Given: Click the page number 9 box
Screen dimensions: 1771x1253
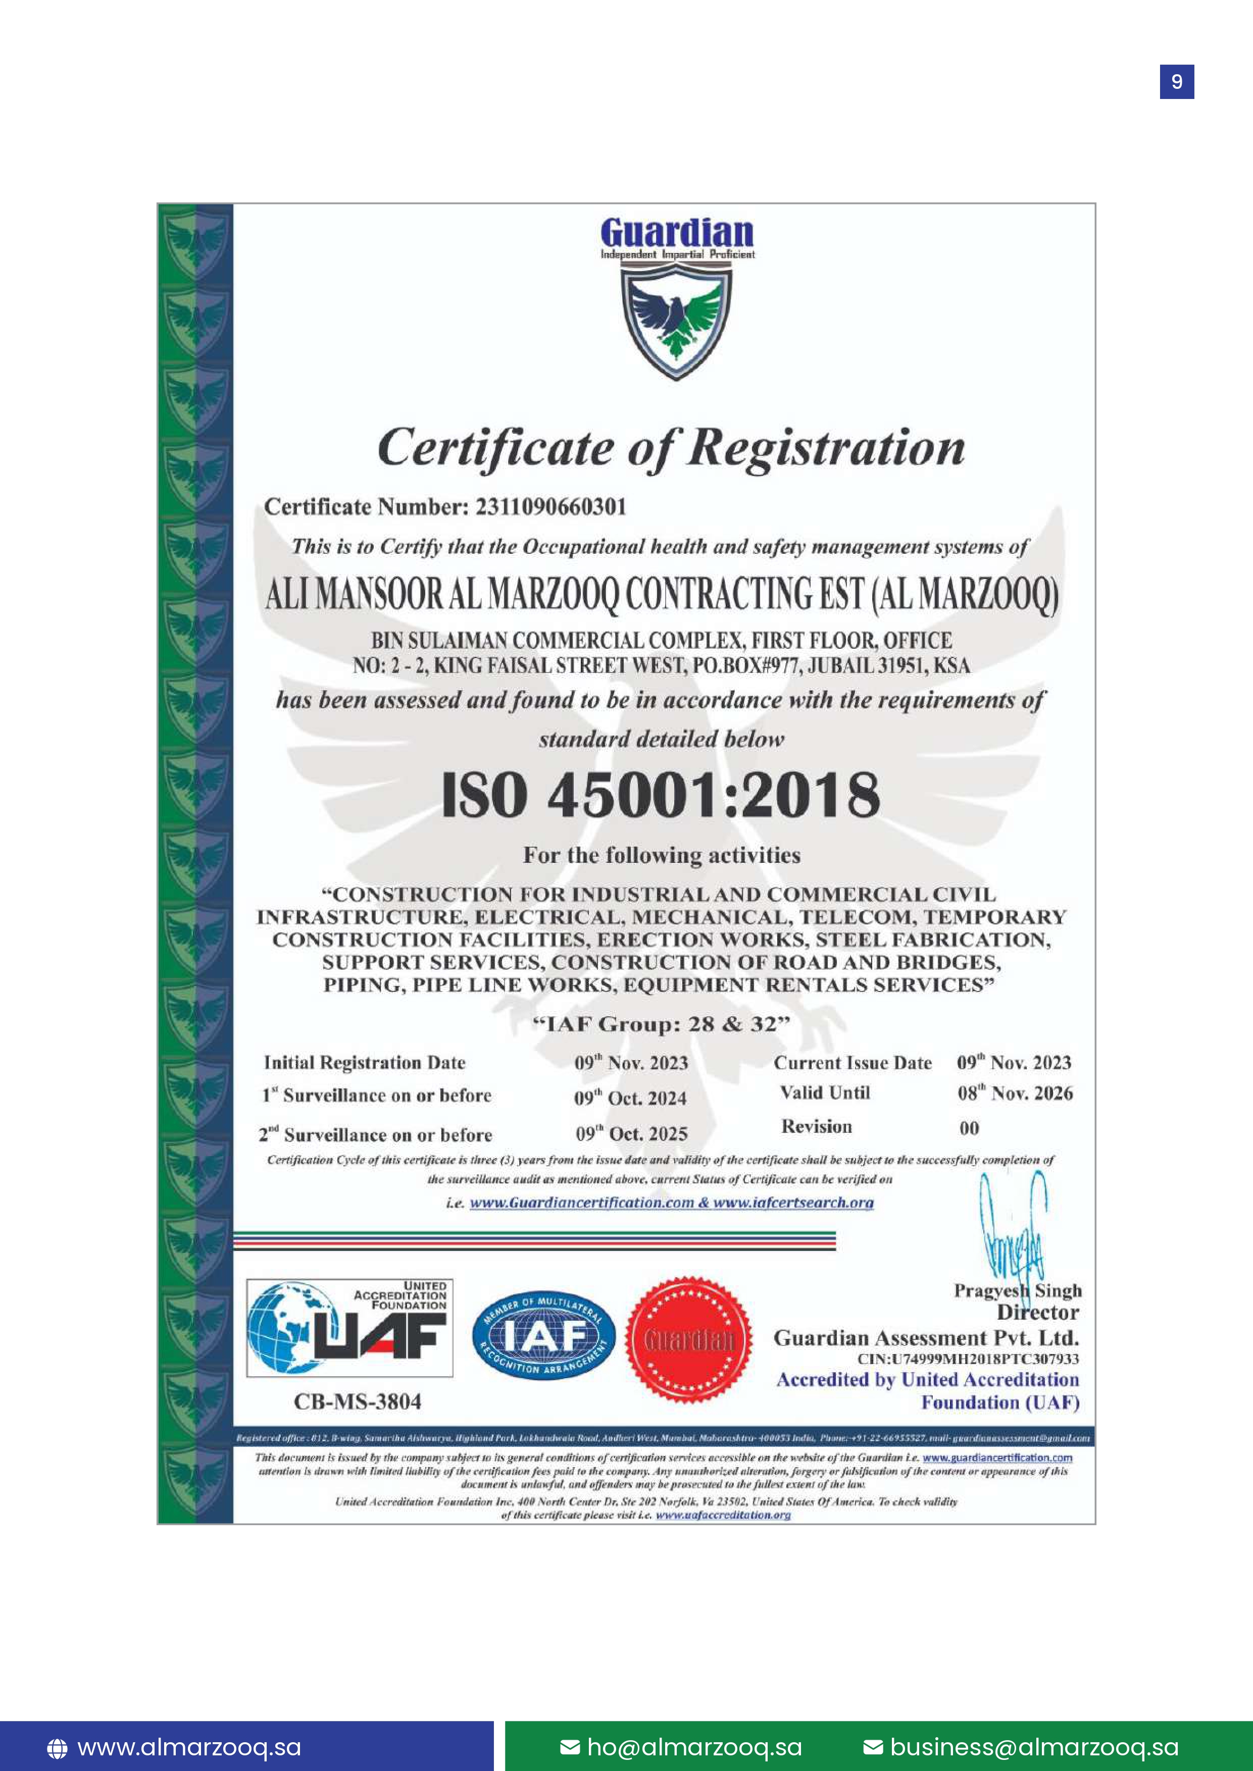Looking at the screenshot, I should (x=1177, y=82).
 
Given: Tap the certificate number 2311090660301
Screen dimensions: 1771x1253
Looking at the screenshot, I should (x=551, y=507).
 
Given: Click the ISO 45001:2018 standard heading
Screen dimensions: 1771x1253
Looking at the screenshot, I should (x=661, y=795).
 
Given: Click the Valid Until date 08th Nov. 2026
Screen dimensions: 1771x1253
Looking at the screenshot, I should (x=1015, y=1093).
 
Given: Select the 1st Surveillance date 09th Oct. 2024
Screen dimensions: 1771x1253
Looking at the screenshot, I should (x=630, y=1098).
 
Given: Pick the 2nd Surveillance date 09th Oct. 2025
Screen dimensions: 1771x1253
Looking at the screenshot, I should (x=631, y=1134).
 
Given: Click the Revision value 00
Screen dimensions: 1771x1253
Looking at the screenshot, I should (x=969, y=1128).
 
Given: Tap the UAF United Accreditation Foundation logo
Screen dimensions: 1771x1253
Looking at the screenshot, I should (x=349, y=1328).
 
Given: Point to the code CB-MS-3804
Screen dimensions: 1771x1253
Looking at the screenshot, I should (x=357, y=1401).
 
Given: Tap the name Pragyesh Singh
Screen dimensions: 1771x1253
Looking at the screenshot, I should (x=1017, y=1290).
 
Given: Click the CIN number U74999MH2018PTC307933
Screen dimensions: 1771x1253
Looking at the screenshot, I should (x=968, y=1359).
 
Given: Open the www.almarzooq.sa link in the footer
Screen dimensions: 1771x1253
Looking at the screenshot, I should (x=189, y=1747).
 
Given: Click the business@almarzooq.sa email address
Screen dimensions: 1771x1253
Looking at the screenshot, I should (x=1034, y=1747).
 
